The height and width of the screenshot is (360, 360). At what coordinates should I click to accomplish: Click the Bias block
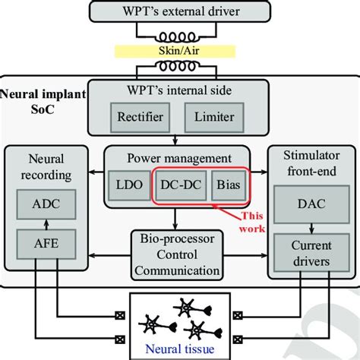point(229,185)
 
